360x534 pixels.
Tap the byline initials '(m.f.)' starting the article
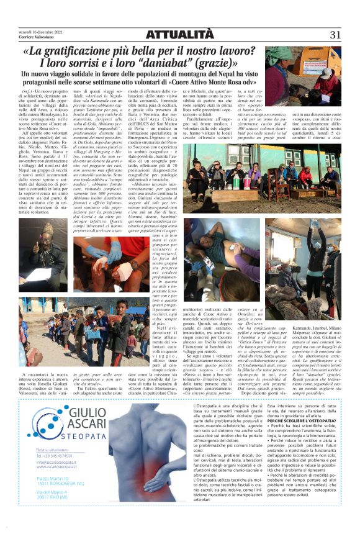(28, 91)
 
